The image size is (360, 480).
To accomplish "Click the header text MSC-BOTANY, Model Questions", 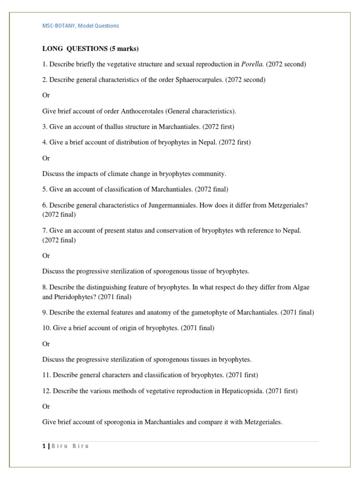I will pos(81,26).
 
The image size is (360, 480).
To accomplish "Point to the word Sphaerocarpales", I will pos(199,80).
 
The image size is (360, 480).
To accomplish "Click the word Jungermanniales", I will pos(178,205).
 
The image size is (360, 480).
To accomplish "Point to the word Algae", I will pos(301,287).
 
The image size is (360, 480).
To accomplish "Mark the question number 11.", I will pos(46,375).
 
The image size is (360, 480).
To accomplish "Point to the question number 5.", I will pos(45,189).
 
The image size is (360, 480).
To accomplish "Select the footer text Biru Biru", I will pos(70,446).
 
